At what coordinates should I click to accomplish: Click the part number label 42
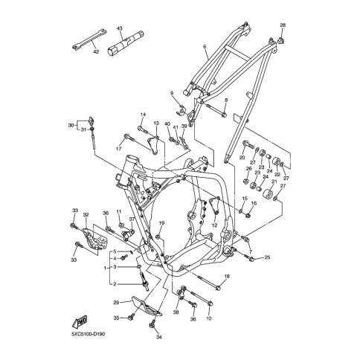96,52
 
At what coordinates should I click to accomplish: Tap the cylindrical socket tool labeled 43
126,43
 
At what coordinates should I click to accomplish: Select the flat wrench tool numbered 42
89,39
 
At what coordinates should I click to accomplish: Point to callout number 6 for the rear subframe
205,46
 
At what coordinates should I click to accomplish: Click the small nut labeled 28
280,40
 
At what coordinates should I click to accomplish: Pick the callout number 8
226,100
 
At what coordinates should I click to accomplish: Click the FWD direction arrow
80,322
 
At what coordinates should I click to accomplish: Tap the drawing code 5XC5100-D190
87,334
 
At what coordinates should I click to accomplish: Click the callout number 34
159,337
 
